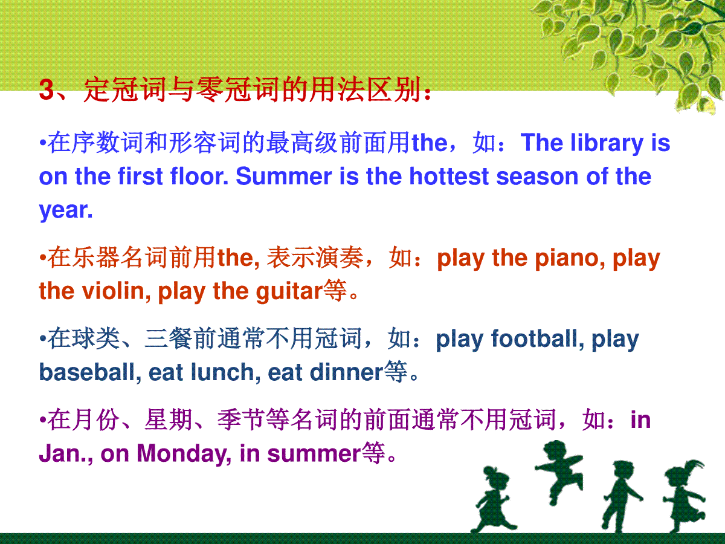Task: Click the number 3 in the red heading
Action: (x=47, y=89)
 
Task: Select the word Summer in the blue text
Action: (x=284, y=176)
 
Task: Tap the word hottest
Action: (x=449, y=176)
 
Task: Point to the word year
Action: (x=66, y=211)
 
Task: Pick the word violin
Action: (x=116, y=291)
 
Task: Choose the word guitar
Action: (x=289, y=292)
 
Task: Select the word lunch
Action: (x=225, y=372)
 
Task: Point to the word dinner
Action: (x=347, y=372)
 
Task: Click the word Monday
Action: (x=184, y=454)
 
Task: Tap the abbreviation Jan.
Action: (x=65, y=453)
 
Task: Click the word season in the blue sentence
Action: (x=537, y=176)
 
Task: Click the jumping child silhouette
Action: (x=559, y=472)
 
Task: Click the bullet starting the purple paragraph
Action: (x=42, y=419)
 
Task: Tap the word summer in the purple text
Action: (x=314, y=454)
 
